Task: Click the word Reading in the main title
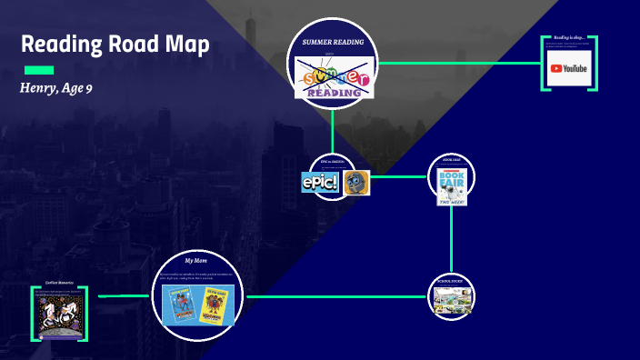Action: (63, 44)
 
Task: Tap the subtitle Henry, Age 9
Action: (56, 88)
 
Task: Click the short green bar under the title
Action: (38, 70)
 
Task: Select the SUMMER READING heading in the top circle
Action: (333, 42)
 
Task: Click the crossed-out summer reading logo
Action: (333, 78)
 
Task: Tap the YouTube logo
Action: (568, 68)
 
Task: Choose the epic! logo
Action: (320, 182)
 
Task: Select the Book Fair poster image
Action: (451, 186)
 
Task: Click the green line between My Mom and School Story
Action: (336, 296)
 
